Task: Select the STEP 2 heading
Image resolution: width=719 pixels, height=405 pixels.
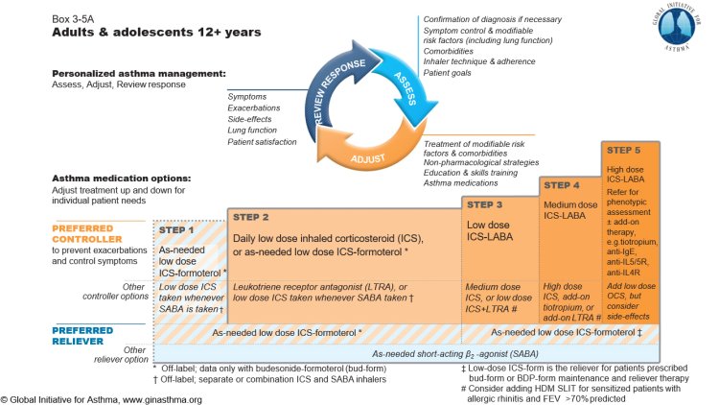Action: [x=258, y=218]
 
